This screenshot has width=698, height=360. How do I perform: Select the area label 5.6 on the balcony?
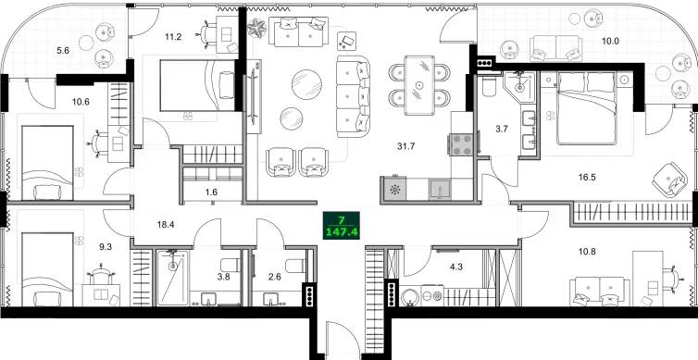click(64, 51)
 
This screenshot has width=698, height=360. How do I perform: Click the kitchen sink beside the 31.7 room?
click(441, 188)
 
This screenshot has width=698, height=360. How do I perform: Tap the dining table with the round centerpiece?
click(420, 85)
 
